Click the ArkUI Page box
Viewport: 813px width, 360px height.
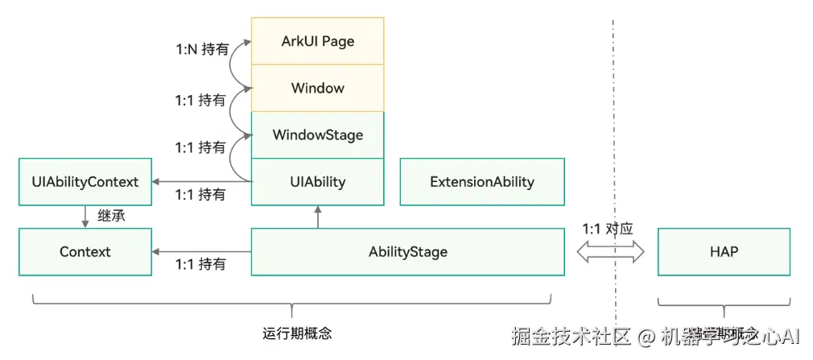pyautogui.click(x=317, y=41)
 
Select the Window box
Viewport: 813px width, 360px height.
pyautogui.click(x=317, y=88)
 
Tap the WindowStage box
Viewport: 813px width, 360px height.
pyautogui.click(x=317, y=134)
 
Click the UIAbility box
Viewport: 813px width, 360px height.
pyautogui.click(x=317, y=181)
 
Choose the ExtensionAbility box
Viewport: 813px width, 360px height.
pyautogui.click(x=481, y=181)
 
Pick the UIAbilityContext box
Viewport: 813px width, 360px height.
pyautogui.click(x=85, y=181)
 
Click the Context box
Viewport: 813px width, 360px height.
pyautogui.click(x=85, y=251)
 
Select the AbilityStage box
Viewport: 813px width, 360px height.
pyautogui.click(x=407, y=251)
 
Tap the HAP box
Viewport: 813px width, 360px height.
pyautogui.click(x=724, y=251)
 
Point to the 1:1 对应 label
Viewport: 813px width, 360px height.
pyautogui.click(x=608, y=229)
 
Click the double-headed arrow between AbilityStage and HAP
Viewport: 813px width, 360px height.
pyautogui.click(x=611, y=252)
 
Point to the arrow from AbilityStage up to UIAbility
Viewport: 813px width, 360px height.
pyautogui.click(x=318, y=217)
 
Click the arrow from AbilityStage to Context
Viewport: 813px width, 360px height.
pyautogui.click(x=201, y=251)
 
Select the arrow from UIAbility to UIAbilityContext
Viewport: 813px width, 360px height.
pyautogui.click(x=201, y=181)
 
